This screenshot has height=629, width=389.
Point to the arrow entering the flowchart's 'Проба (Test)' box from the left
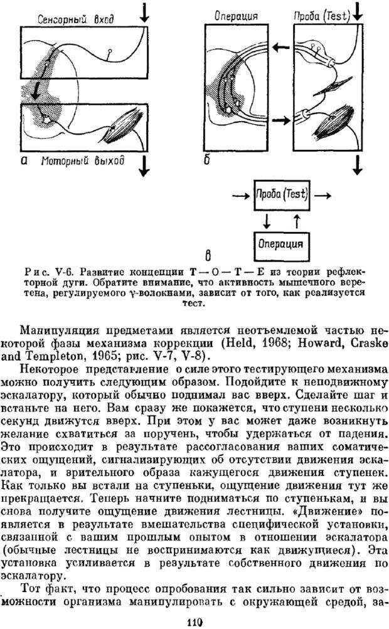pos(240,195)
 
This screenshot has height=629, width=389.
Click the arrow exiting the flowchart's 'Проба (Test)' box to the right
pos(324,195)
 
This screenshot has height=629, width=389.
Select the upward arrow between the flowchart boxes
pos(297,221)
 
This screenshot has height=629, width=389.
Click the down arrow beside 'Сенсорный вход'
pos(146,13)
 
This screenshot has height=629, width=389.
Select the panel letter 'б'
pos(207,161)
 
